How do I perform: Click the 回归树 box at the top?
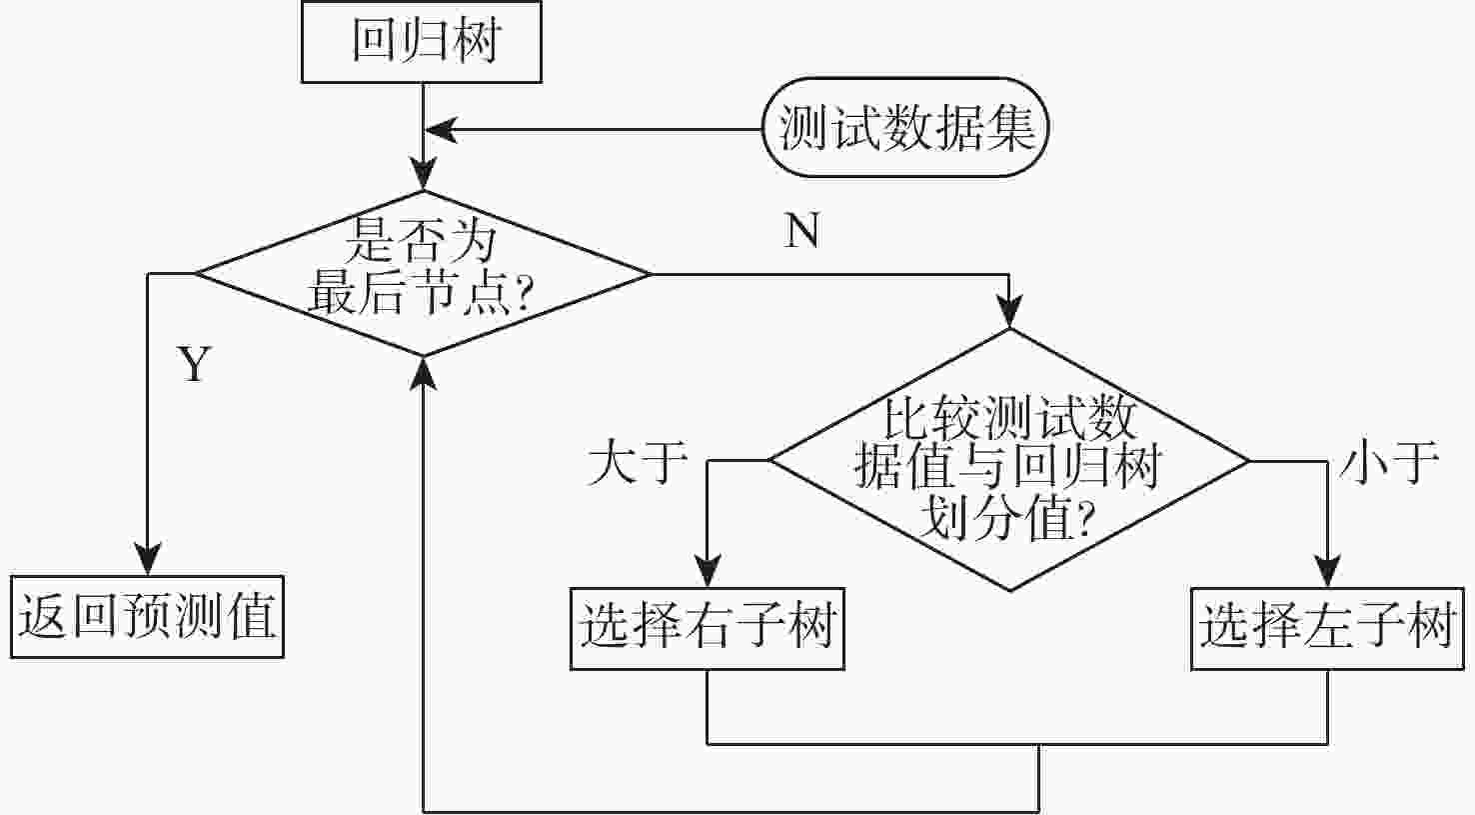[x=422, y=43]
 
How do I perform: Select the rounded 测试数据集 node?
[x=905, y=128]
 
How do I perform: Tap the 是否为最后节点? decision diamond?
[x=423, y=272]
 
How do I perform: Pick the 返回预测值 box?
[x=147, y=616]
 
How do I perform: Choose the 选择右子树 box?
[x=708, y=628]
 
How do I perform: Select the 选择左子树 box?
[x=1327, y=628]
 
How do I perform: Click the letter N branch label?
[x=802, y=231]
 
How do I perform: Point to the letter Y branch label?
[x=195, y=365]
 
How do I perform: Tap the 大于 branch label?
[x=638, y=462]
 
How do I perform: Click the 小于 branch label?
[x=1389, y=462]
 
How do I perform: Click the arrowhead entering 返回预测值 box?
[x=148, y=561]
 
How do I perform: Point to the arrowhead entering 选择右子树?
[x=708, y=573]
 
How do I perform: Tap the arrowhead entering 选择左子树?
[x=1327, y=573]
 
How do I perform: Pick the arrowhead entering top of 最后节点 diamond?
[x=424, y=177]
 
